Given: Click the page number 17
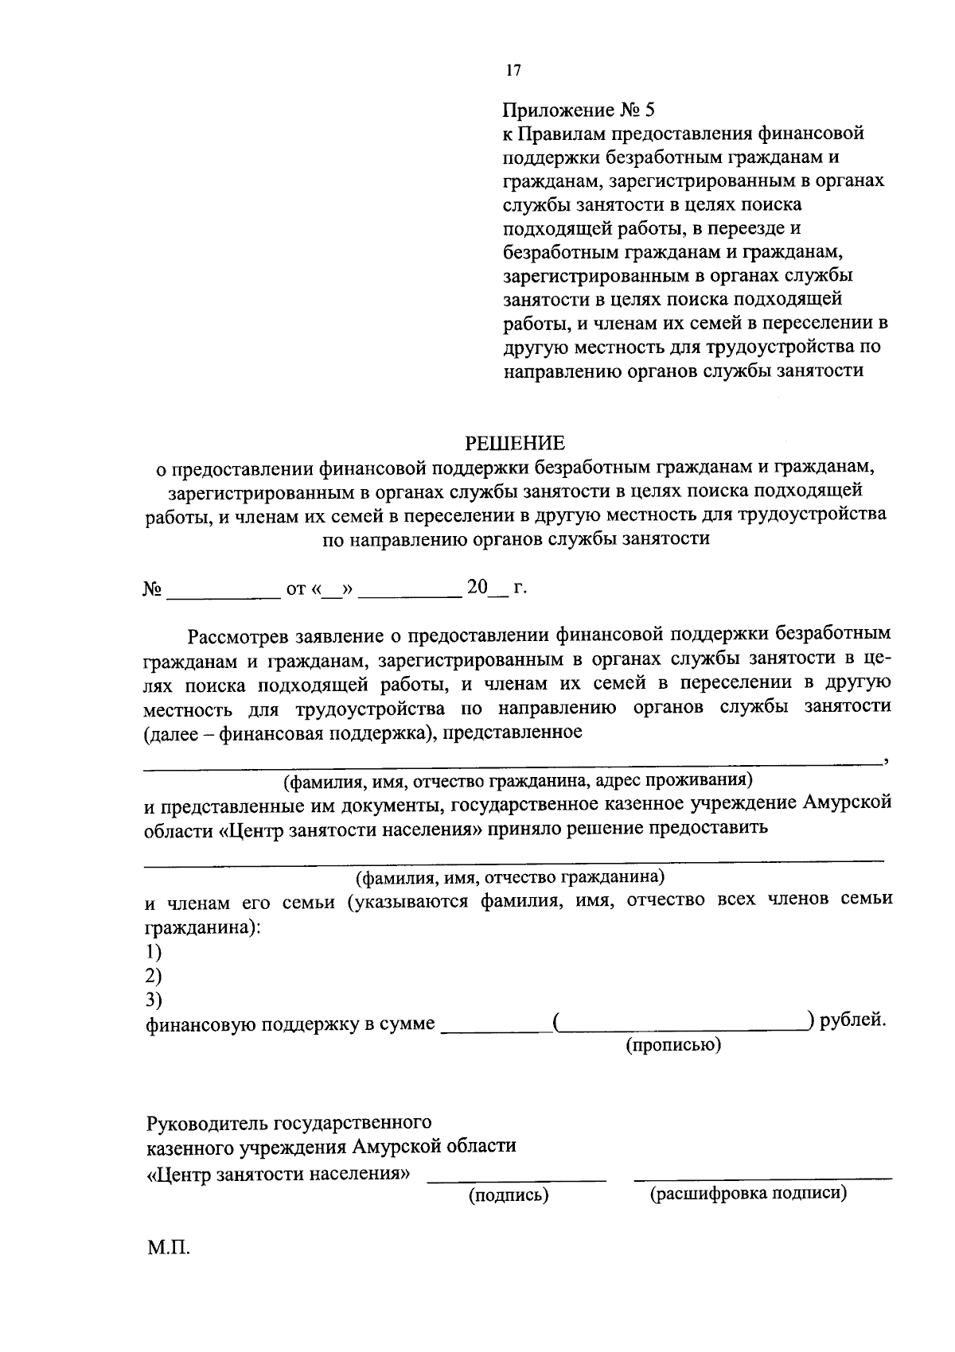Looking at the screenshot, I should (513, 72).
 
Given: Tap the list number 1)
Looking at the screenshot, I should (154, 951).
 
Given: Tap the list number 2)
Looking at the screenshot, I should (154, 975).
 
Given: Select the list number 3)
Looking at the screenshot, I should (154, 999).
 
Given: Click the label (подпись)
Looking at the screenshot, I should (509, 1195).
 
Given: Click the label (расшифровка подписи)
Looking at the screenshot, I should (748, 1194).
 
